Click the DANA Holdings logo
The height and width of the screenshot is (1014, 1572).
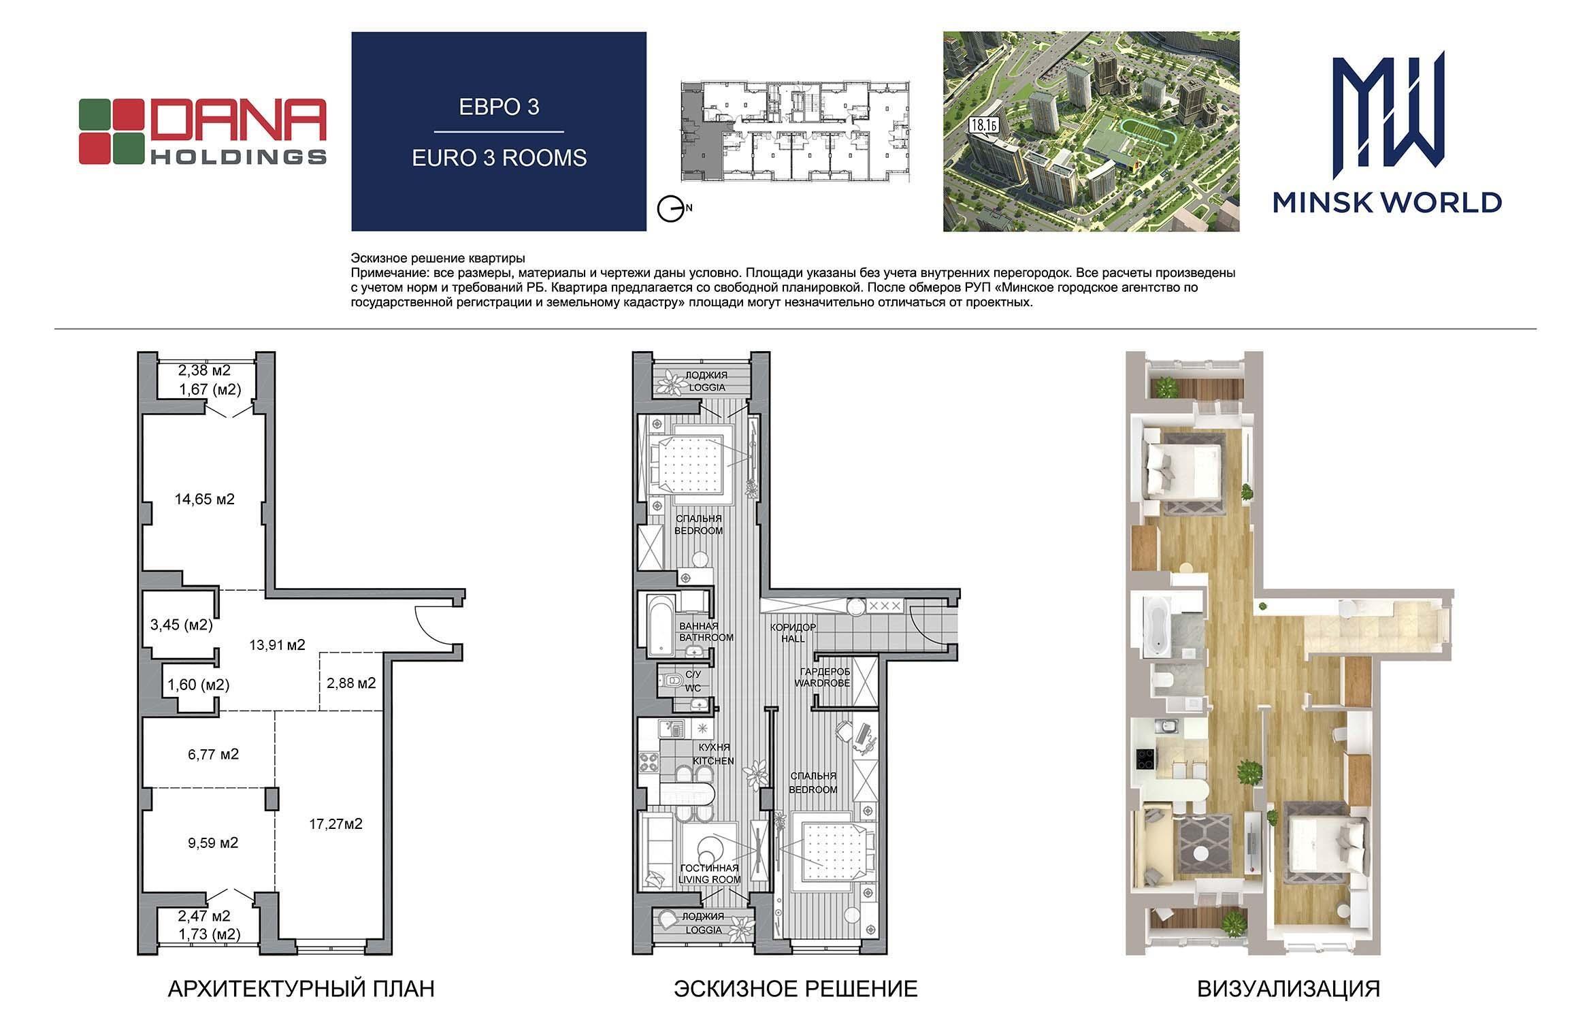coord(203,131)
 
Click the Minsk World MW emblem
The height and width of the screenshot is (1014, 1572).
coord(1387,110)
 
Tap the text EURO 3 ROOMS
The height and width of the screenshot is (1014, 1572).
coord(499,158)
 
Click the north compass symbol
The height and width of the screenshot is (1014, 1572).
coord(671,208)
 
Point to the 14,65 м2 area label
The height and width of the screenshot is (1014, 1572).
coord(204,500)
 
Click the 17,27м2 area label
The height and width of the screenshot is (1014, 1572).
coord(335,824)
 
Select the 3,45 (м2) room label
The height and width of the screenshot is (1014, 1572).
coord(181,625)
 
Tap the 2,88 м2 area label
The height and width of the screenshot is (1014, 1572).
coord(351,683)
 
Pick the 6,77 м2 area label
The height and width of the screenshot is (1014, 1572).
coord(214,754)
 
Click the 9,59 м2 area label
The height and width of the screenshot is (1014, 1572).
coord(213,843)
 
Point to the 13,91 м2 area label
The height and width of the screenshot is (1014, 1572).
coord(276,644)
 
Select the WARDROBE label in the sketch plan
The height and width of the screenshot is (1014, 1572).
coord(823,683)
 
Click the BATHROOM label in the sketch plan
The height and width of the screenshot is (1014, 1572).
coord(706,638)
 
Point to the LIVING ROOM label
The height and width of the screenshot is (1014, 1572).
coord(708,879)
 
